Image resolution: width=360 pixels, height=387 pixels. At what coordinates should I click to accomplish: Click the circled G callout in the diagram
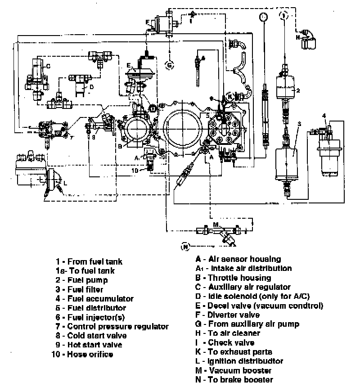tap(170, 65)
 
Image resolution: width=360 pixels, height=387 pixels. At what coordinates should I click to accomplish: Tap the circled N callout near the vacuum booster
tap(185, 246)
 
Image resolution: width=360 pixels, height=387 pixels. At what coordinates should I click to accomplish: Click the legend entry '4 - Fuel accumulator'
tap(94, 298)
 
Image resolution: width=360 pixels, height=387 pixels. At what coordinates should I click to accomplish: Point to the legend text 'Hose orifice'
tap(90, 354)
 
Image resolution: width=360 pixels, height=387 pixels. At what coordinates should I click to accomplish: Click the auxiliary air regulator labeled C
tap(37, 72)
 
